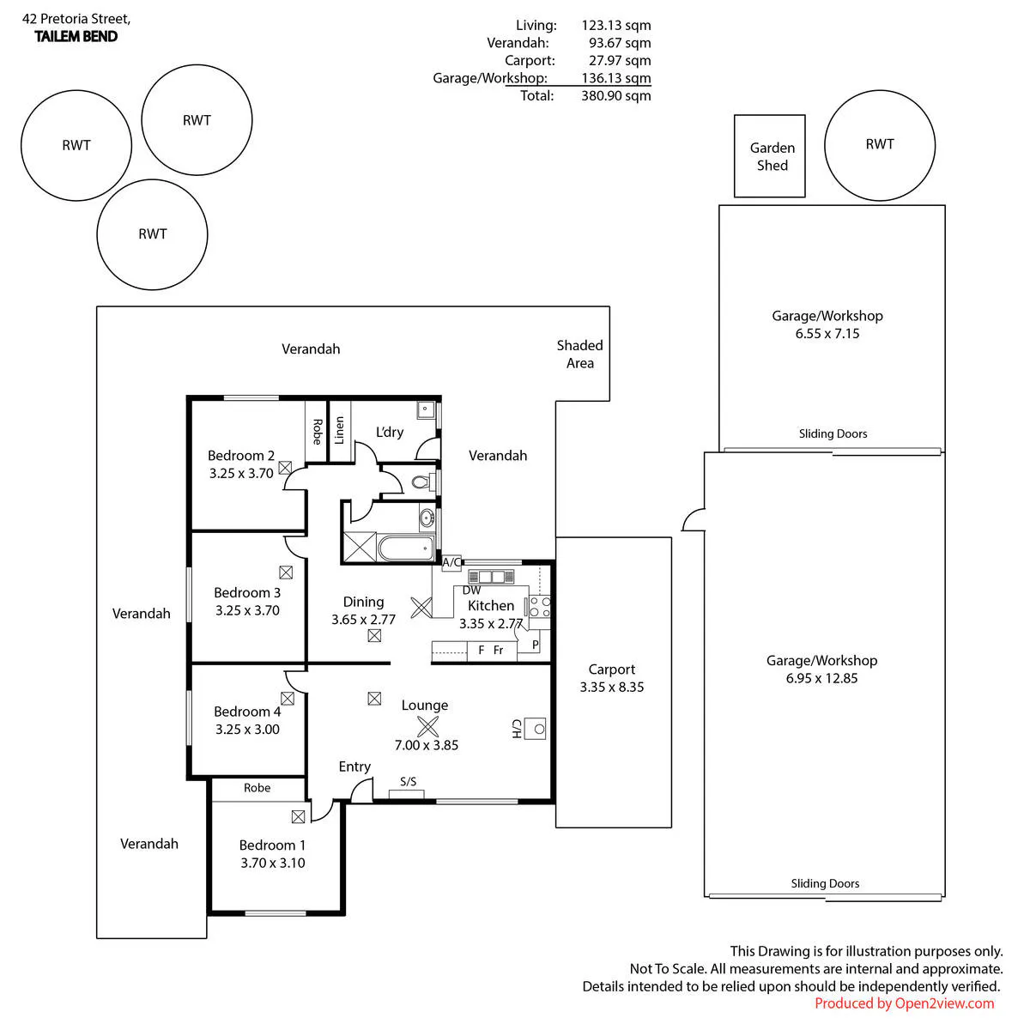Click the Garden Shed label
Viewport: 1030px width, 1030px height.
772,156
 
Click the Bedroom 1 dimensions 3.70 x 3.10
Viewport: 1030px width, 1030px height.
273,863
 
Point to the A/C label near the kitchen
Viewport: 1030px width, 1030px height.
451,561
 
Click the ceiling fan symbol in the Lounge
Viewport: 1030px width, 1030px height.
427,726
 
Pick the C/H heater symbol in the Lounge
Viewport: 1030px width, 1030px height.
535,729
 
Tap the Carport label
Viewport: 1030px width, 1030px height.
611,669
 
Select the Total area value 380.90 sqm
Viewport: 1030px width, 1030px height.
615,95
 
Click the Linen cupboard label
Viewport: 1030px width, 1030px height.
339,430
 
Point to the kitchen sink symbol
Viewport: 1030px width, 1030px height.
491,577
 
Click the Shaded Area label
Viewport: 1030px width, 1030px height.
580,354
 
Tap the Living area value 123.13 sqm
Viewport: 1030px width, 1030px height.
615,25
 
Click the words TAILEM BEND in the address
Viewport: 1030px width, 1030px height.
76,36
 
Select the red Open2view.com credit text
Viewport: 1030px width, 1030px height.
904,1003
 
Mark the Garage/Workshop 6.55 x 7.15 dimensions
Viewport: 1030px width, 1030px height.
827,334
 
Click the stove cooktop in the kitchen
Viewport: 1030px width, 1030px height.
539,607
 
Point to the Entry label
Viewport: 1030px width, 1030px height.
354,767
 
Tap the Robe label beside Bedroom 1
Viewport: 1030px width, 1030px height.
257,787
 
